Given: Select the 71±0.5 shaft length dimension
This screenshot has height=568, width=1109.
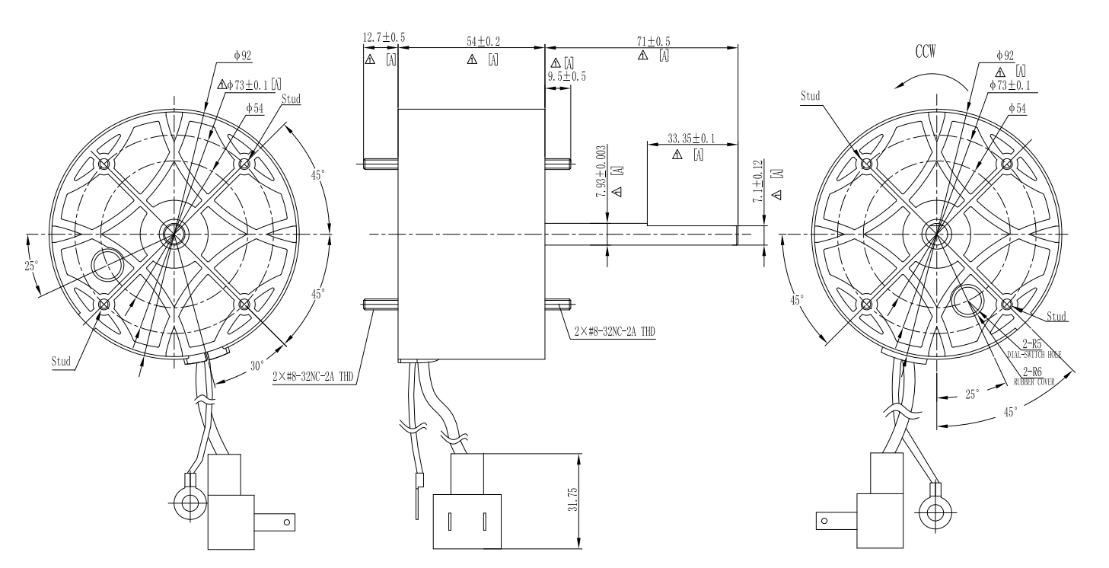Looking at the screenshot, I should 653,42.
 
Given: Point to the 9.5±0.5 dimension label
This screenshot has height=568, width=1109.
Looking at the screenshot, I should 568,76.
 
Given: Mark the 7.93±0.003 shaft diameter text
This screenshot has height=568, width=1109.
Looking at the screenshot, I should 601,172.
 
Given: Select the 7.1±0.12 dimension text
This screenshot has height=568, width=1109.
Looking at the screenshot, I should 757,181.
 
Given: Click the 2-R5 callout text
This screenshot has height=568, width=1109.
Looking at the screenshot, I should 1032,344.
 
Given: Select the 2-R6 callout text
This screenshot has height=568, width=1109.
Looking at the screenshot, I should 1032,372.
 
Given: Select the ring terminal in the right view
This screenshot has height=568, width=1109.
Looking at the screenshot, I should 930,511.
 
